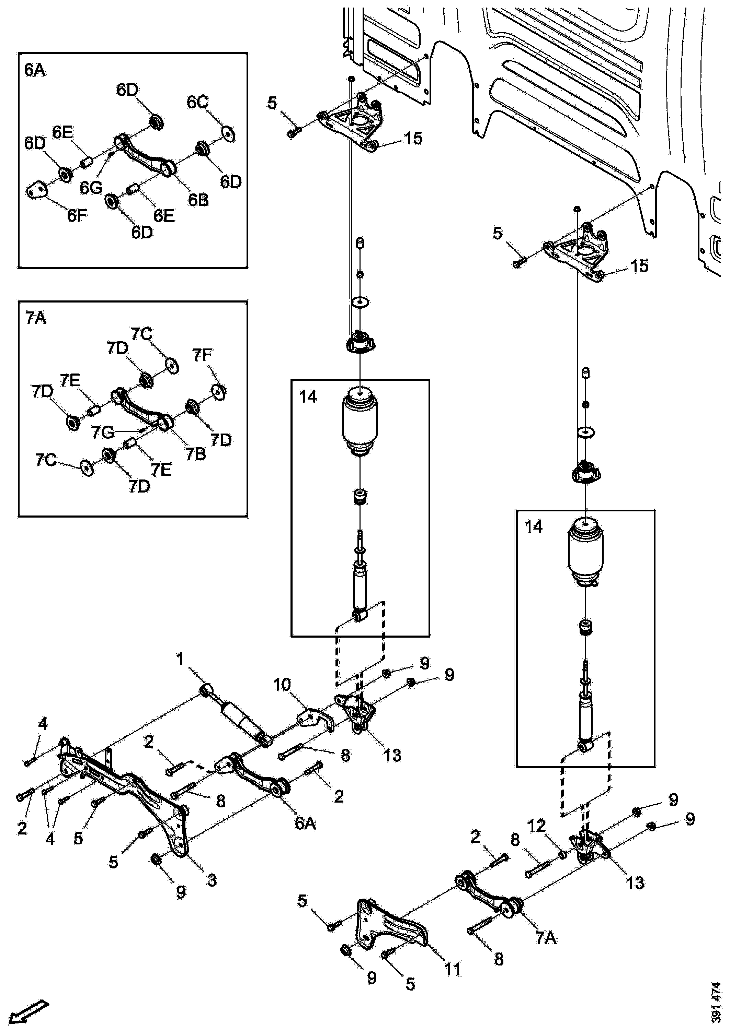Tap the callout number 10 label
[x=282, y=685]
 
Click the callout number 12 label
[x=536, y=826]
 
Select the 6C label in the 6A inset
[x=197, y=103]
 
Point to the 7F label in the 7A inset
[x=202, y=355]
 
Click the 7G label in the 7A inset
[x=102, y=432]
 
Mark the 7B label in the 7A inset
[x=195, y=454]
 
